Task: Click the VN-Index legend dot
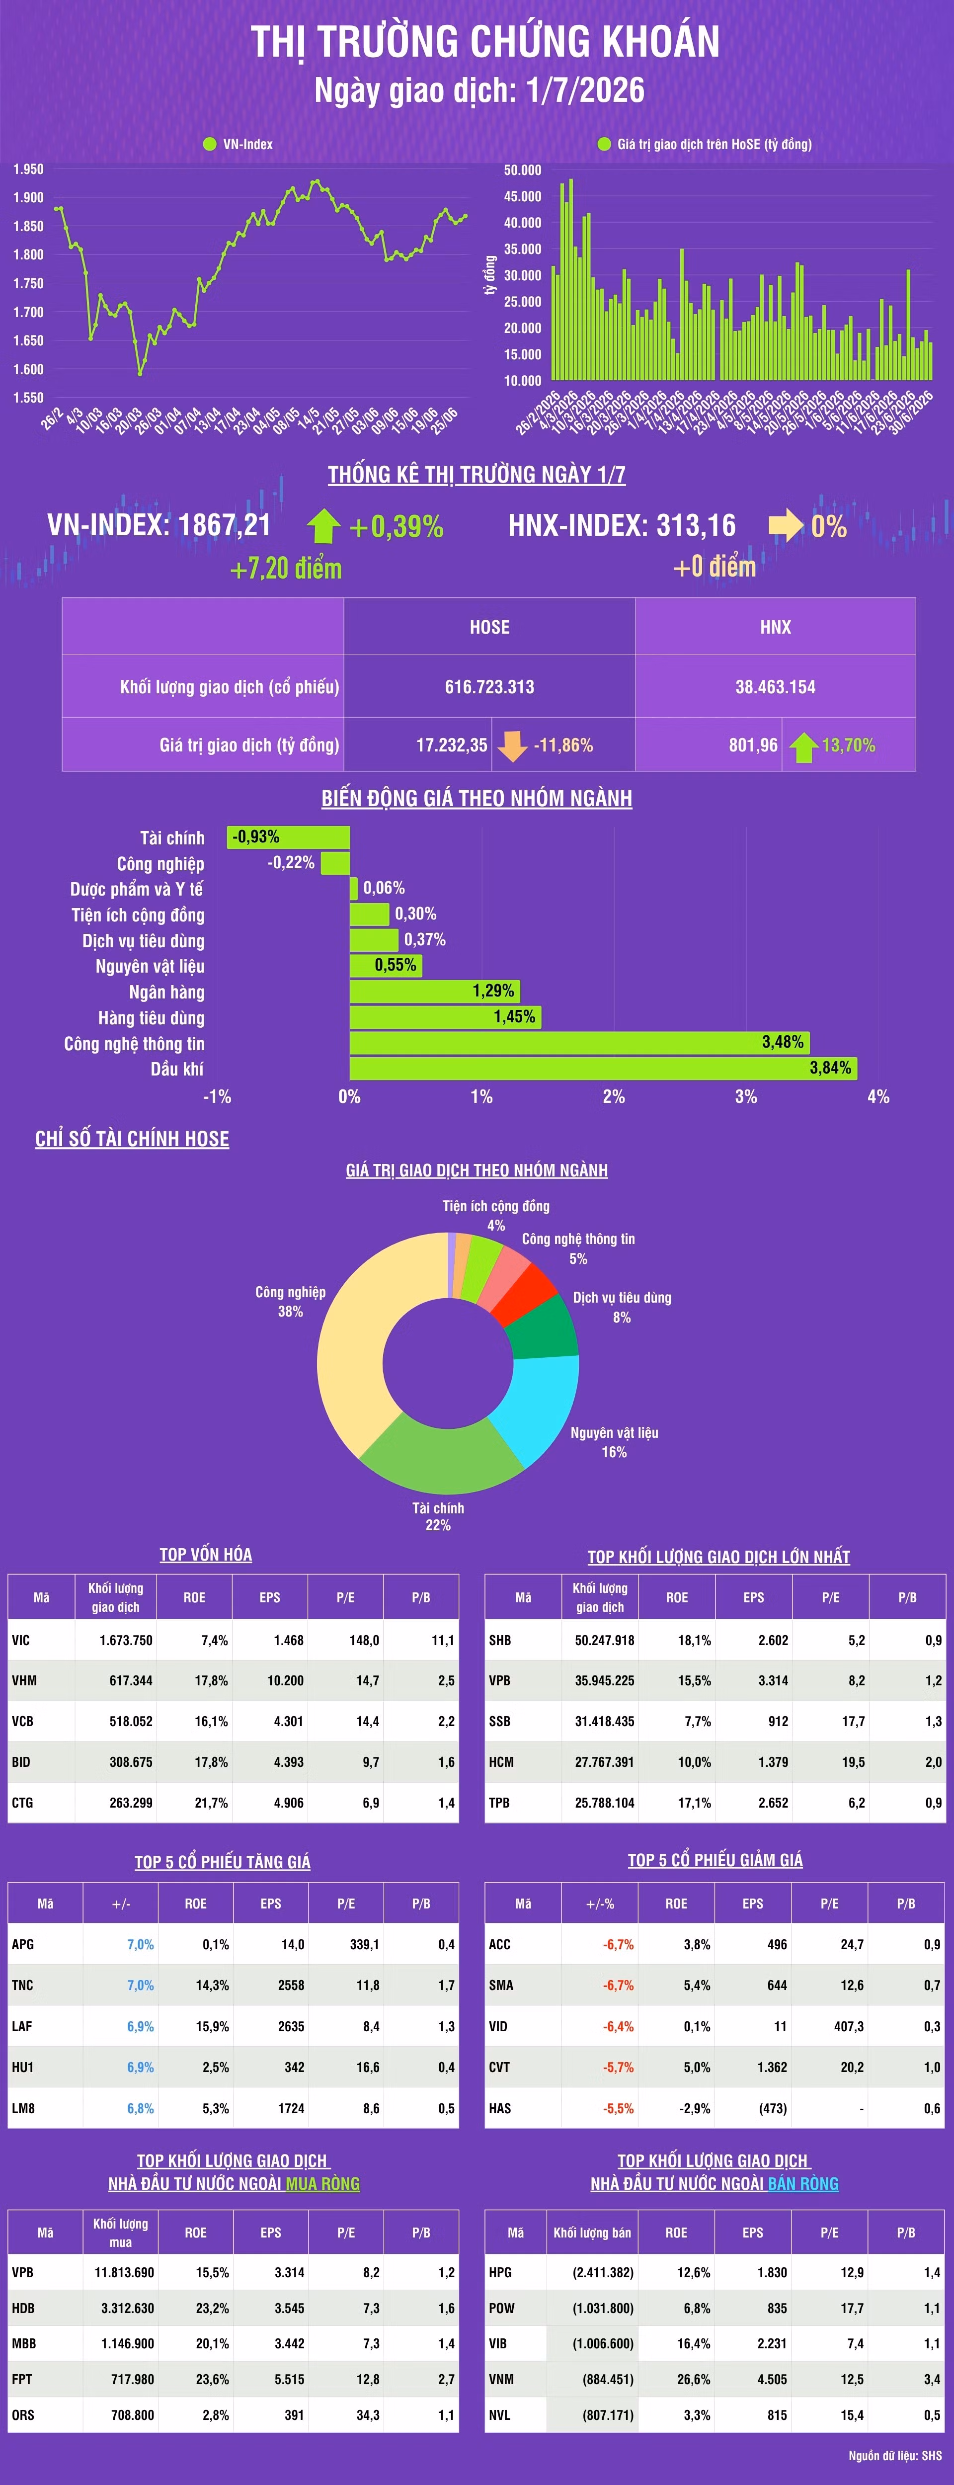209,144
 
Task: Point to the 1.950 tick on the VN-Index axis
28,169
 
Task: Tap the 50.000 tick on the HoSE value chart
523,170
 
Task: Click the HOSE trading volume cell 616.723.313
489,687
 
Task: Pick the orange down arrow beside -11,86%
512,745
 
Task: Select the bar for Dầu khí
603,1068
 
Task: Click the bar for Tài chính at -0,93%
288,837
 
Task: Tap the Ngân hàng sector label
167,992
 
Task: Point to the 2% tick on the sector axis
614,1097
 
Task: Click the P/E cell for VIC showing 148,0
364,1640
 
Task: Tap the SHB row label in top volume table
500,1640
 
